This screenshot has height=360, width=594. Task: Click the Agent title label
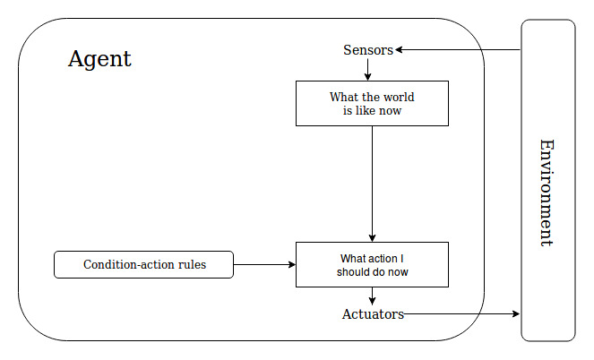(x=99, y=60)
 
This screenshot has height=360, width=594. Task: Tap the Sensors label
(x=368, y=50)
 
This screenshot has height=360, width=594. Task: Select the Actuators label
(x=373, y=314)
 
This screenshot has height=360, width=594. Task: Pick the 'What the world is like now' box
(x=372, y=104)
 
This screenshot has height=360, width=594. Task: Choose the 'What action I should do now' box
(x=372, y=265)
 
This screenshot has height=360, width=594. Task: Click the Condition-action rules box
(x=144, y=265)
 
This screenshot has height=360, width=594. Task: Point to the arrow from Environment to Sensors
(x=458, y=50)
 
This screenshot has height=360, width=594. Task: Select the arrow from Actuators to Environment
(x=461, y=314)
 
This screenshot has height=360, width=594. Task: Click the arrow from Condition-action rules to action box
(x=264, y=265)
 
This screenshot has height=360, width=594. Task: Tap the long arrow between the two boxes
(x=372, y=184)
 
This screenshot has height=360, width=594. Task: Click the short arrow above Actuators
(x=372, y=296)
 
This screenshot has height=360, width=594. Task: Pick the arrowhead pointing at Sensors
(x=400, y=50)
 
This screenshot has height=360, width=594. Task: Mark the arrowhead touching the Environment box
(x=516, y=314)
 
